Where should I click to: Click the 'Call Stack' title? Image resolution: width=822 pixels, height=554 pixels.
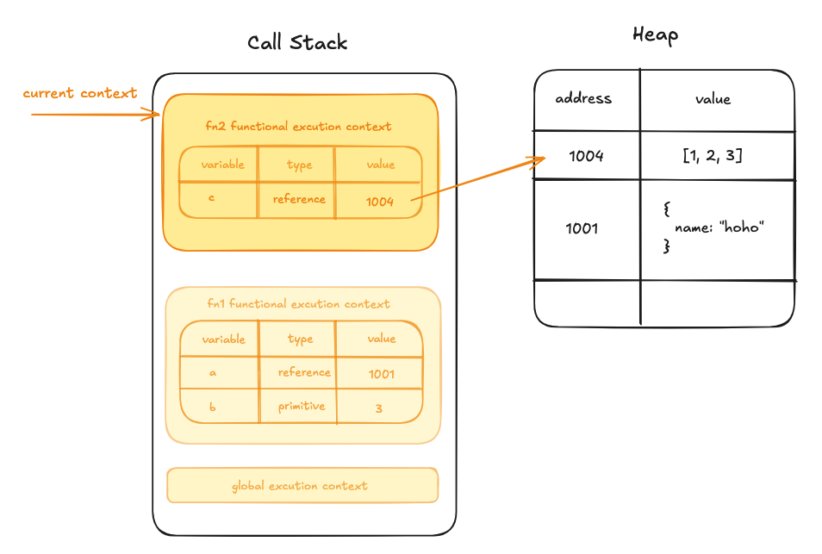[297, 42]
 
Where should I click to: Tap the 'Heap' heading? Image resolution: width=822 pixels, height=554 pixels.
[656, 35]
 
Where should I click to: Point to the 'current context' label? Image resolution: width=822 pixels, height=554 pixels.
[79, 93]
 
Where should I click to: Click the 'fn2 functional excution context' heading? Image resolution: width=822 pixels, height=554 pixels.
[298, 127]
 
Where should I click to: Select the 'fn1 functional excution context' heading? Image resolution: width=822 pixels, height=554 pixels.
[298, 303]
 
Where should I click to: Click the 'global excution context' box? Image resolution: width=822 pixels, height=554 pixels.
[302, 485]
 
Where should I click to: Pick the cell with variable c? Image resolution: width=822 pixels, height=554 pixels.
[218, 199]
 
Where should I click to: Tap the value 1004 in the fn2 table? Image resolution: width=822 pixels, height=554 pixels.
[379, 202]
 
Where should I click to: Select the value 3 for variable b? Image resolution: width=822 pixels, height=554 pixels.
[379, 408]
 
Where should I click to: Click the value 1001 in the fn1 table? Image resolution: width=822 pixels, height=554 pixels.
[381, 374]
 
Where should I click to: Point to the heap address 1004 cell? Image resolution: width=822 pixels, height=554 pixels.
[587, 156]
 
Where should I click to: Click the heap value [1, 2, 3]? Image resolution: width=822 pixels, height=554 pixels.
[713, 155]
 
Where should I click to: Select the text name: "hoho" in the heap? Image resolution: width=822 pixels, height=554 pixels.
[719, 227]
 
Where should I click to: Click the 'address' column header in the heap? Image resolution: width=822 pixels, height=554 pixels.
[583, 98]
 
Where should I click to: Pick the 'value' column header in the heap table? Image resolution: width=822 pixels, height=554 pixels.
[713, 99]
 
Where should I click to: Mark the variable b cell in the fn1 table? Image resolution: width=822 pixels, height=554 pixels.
[219, 406]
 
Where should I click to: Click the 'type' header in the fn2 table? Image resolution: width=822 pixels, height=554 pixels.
[299, 165]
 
